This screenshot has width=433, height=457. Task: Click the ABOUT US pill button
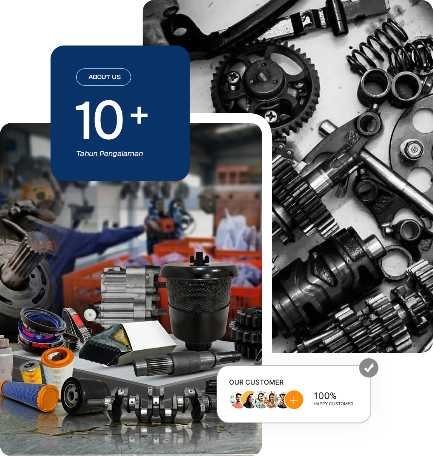[x=103, y=77]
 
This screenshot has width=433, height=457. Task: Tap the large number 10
[x=99, y=120]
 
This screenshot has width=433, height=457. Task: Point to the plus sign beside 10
[x=139, y=115]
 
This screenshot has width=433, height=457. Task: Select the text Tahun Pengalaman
[x=110, y=154]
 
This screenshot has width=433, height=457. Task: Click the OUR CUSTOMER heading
[x=256, y=382]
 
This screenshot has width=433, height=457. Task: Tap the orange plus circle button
[x=294, y=399]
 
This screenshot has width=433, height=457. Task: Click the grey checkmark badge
[x=368, y=368]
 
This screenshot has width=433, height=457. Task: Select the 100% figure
[x=325, y=396]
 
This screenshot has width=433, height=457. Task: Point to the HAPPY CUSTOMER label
[x=333, y=404]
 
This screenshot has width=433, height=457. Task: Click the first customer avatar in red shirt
[x=237, y=399]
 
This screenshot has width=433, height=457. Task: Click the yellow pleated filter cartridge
[x=31, y=372]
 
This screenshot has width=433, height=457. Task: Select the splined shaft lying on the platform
[x=186, y=363]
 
